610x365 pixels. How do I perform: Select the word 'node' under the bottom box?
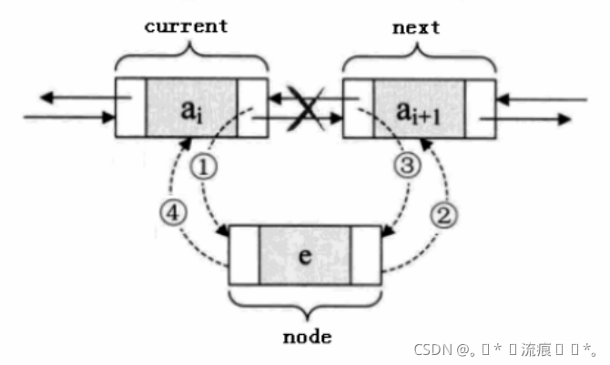coord(305,336)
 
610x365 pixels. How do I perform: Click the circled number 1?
coord(208,170)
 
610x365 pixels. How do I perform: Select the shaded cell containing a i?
coord(191,108)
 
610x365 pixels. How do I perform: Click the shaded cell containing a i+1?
coord(420,108)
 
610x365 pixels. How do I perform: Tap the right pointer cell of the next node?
coord(481,108)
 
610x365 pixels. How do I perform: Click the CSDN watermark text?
coord(505,349)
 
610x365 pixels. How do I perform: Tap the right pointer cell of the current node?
coord(252,108)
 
